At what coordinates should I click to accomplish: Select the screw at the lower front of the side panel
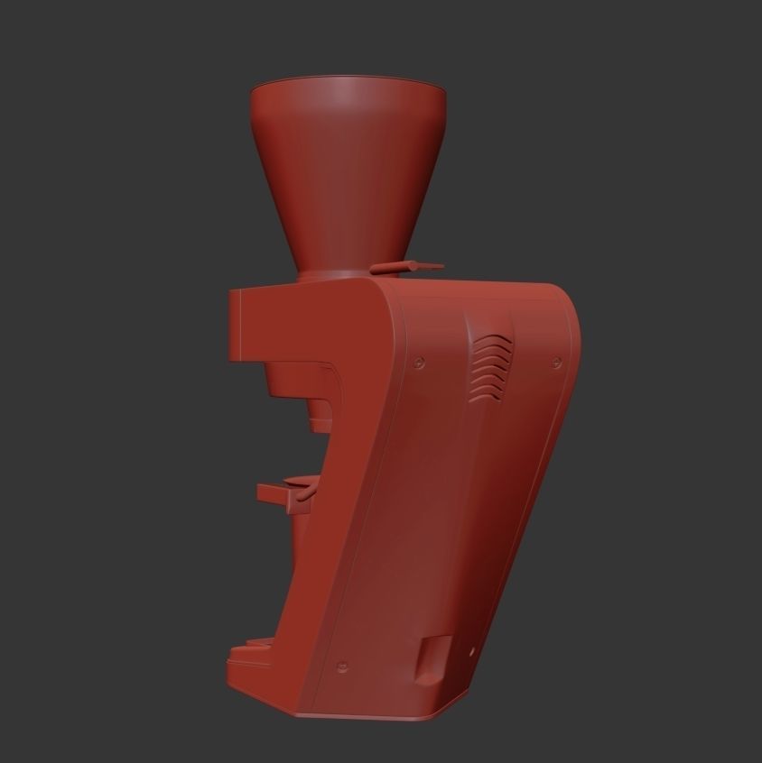[x=341, y=668]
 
